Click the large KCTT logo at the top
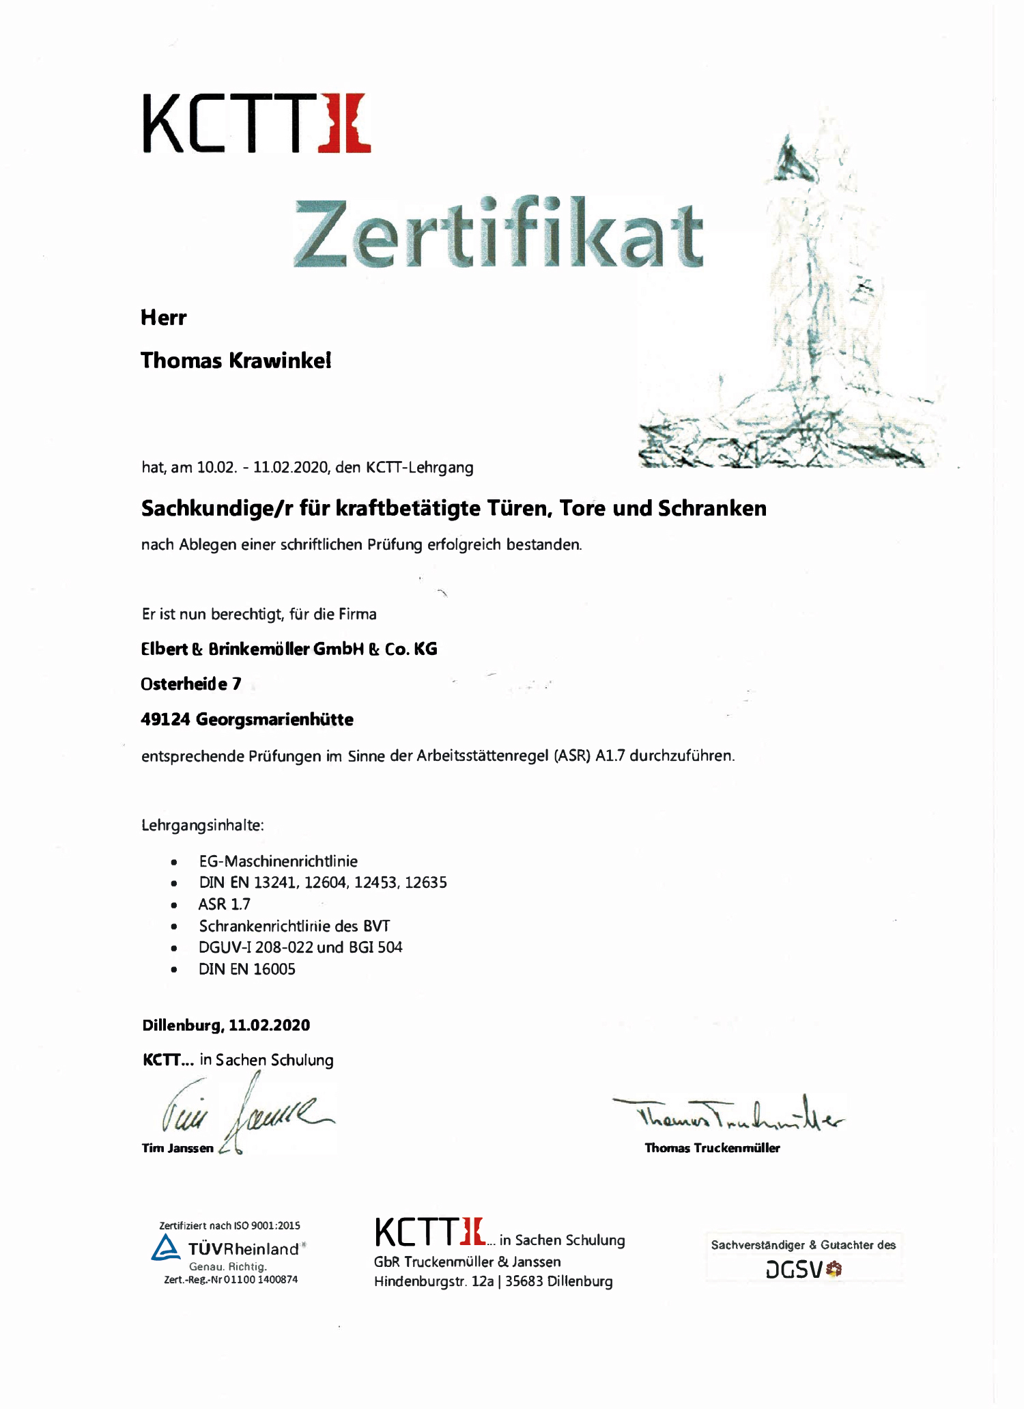coord(256,124)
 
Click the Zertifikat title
coord(498,234)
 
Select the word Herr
coord(163,318)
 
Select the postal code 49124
coord(165,720)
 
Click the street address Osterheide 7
coord(191,684)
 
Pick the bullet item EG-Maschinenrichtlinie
coord(279,861)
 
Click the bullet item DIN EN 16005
coord(247,969)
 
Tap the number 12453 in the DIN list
coord(375,882)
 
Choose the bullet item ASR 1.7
coord(225,904)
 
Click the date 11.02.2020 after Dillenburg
coord(269,1025)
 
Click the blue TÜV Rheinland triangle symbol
coord(166,1248)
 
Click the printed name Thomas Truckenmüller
coord(712,1148)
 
